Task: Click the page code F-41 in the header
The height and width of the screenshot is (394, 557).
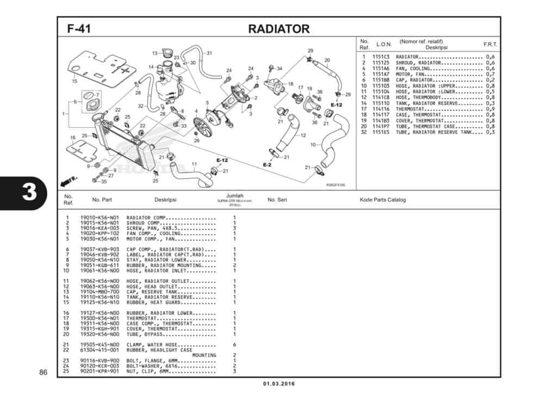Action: [x=79, y=29]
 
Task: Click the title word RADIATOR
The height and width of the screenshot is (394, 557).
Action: [x=278, y=29]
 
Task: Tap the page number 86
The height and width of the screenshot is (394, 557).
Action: [x=43, y=372]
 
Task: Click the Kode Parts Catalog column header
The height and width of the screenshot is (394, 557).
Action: [x=383, y=200]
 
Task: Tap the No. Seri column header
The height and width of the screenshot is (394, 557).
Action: [x=277, y=200]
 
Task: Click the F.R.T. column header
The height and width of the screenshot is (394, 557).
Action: [x=490, y=44]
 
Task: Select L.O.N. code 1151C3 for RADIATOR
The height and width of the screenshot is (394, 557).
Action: [x=381, y=57]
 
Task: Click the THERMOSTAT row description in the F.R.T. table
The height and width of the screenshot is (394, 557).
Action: [x=417, y=109]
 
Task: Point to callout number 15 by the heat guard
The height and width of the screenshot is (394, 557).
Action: [x=75, y=81]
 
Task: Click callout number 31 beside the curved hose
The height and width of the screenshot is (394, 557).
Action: [x=209, y=53]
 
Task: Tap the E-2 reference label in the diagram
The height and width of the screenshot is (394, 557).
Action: [x=267, y=164]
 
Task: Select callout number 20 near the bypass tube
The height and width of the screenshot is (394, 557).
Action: [x=327, y=60]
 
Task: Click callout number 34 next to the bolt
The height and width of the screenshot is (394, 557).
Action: [x=280, y=69]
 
